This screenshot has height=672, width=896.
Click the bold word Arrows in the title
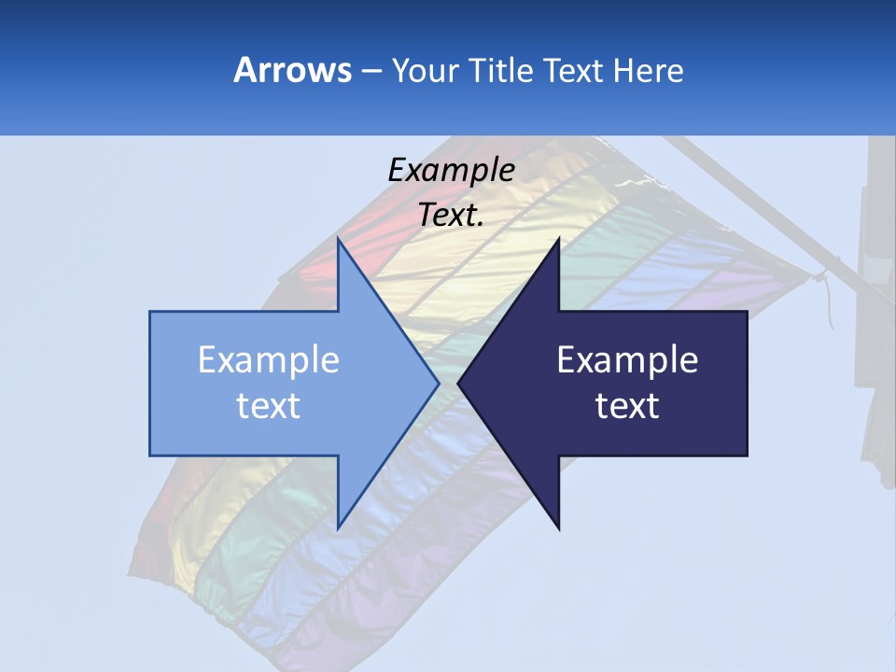[x=292, y=70]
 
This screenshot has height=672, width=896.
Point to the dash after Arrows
[x=370, y=71]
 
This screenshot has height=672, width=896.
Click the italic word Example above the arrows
[x=451, y=170]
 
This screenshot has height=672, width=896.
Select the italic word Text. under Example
[x=451, y=216]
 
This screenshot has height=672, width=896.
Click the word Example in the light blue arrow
[x=269, y=359]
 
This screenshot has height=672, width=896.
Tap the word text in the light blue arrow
[x=269, y=405]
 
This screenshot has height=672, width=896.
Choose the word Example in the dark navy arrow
[x=627, y=359]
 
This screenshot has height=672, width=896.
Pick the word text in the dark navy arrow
[x=627, y=405]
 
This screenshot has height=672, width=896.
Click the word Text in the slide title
[x=574, y=70]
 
